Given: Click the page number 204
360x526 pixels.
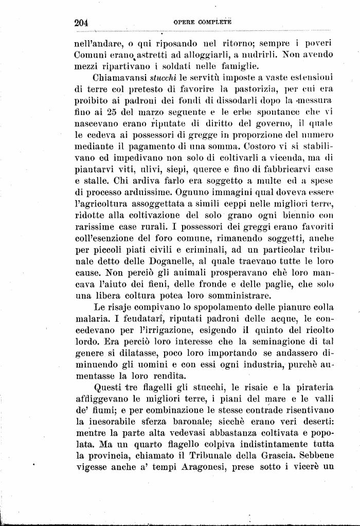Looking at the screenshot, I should click(82, 23).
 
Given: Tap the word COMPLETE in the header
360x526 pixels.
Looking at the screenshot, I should click(215, 23).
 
